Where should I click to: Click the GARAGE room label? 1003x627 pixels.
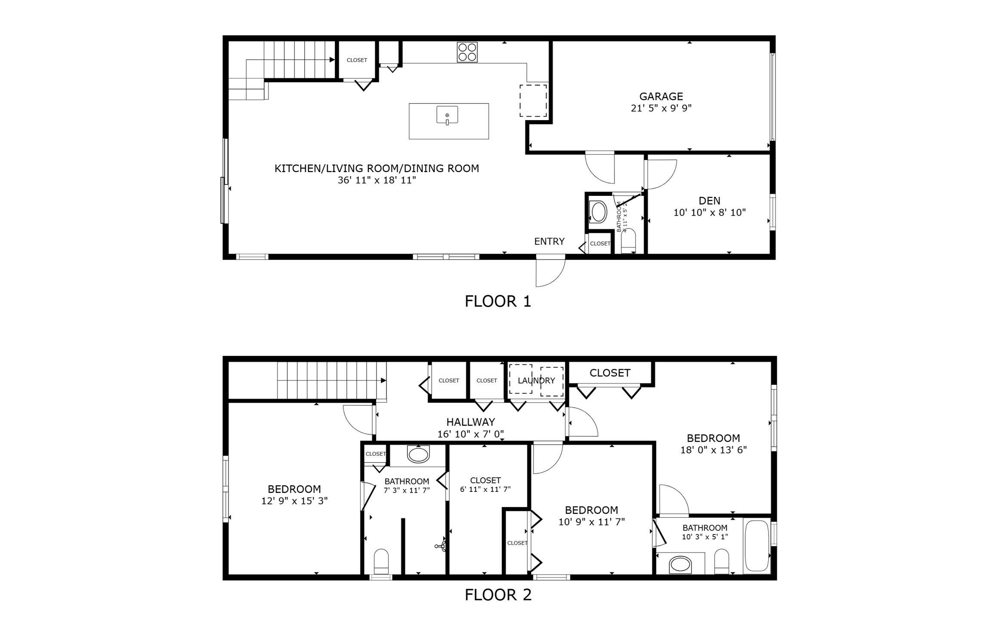pyautogui.click(x=660, y=96)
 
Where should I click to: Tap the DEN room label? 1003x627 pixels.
pyautogui.click(x=709, y=201)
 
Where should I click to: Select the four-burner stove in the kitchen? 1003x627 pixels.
pyautogui.click(x=467, y=52)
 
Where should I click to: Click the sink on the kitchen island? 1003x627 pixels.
pyautogui.click(x=447, y=115)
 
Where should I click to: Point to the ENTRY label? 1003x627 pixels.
pyautogui.click(x=549, y=241)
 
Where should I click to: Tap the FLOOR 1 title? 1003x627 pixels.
pyautogui.click(x=498, y=301)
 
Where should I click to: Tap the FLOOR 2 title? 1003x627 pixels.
pyautogui.click(x=498, y=595)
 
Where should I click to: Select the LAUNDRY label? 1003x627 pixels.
pyautogui.click(x=536, y=380)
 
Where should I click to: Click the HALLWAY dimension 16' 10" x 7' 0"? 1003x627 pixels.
pyautogui.click(x=470, y=434)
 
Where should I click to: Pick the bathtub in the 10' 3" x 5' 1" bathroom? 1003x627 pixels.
pyautogui.click(x=756, y=546)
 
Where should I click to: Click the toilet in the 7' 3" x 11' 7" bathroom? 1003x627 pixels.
pyautogui.click(x=381, y=561)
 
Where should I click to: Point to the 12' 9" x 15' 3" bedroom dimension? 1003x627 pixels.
pyautogui.click(x=294, y=501)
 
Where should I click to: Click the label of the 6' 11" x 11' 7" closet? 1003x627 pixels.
pyautogui.click(x=485, y=480)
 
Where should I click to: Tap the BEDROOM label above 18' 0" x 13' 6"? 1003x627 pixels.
pyautogui.click(x=713, y=438)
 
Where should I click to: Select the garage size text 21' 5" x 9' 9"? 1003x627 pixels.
pyautogui.click(x=660, y=108)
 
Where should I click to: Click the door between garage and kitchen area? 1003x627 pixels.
pyautogui.click(x=600, y=168)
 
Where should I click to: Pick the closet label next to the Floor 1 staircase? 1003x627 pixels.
pyautogui.click(x=357, y=60)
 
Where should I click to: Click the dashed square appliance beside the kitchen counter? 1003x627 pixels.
pyautogui.click(x=533, y=101)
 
